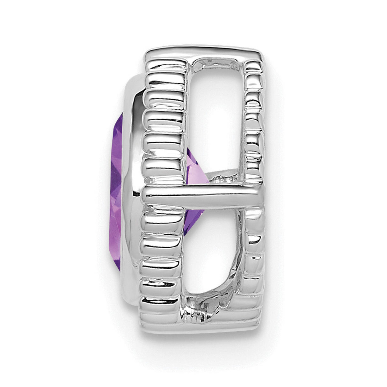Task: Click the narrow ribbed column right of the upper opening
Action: coord(255,128)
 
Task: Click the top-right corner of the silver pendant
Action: coord(265,53)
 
